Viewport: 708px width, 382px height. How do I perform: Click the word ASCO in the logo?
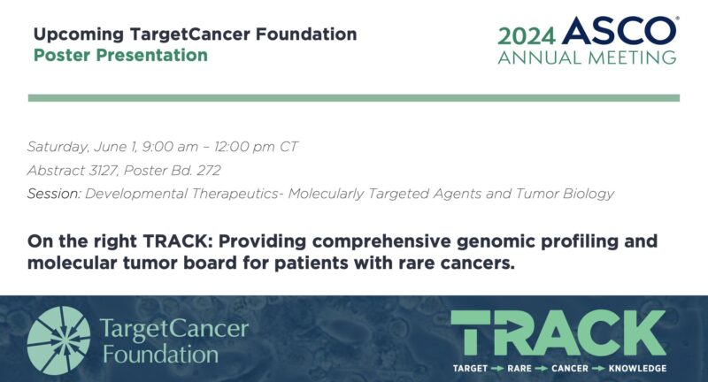pyautogui.click(x=619, y=33)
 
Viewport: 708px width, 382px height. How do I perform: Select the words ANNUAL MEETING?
pyautogui.click(x=587, y=57)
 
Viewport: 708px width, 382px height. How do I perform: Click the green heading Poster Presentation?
pyautogui.click(x=120, y=55)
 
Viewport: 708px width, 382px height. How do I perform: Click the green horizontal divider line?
pyautogui.click(x=354, y=97)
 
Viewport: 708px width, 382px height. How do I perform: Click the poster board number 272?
pyautogui.click(x=207, y=170)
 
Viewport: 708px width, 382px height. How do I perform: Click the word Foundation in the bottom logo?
pyautogui.click(x=160, y=355)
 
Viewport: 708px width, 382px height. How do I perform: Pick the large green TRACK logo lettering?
pyautogui.click(x=558, y=333)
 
